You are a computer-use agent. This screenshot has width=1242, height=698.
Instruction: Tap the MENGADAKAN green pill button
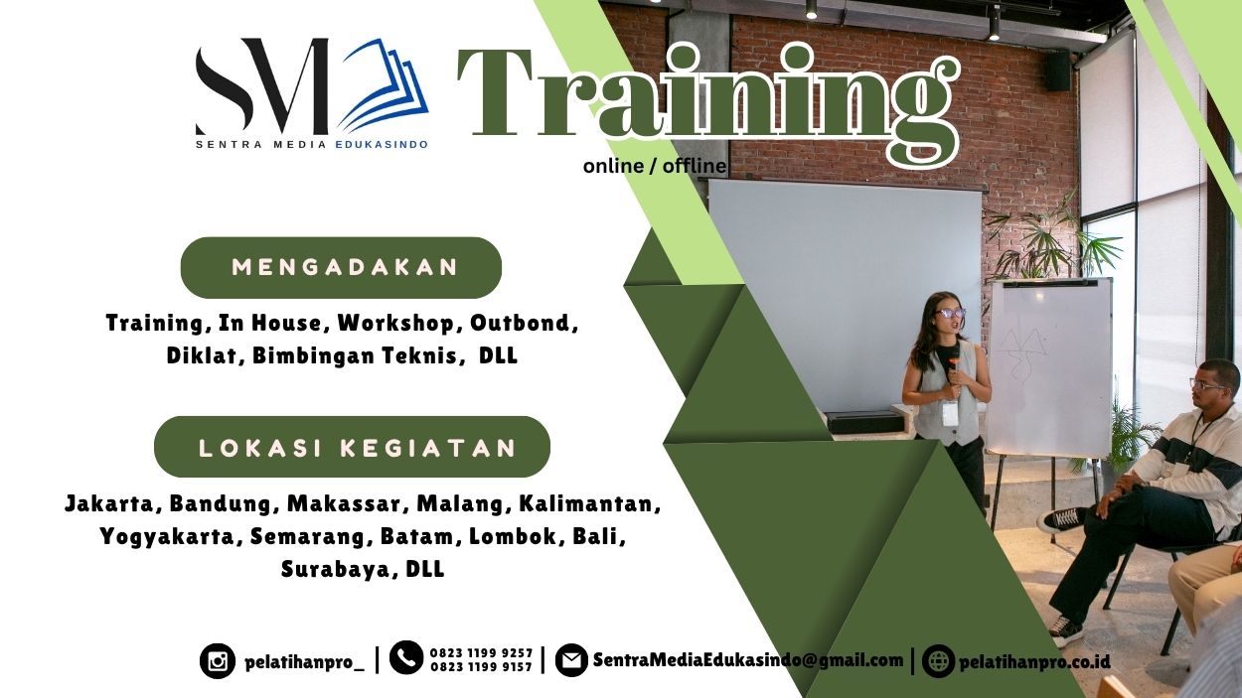[341, 267]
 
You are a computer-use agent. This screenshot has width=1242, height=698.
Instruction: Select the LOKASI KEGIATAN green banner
[352, 447]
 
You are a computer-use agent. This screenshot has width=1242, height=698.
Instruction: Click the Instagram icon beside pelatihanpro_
[218, 661]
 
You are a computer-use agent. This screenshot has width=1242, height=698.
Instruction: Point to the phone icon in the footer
[406, 657]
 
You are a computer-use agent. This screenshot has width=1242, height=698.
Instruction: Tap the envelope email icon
[571, 660]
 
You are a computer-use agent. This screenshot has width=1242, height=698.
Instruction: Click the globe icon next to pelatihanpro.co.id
[938, 661]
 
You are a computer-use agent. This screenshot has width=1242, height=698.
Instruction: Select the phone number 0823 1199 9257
[481, 653]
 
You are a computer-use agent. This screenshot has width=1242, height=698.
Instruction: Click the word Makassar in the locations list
[344, 504]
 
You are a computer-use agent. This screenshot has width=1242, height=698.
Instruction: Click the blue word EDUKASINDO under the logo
[382, 145]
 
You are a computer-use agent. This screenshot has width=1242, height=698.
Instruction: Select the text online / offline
[654, 166]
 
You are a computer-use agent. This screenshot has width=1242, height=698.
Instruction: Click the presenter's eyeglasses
[951, 314]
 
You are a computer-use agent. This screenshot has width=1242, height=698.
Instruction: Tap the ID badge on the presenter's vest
[950, 413]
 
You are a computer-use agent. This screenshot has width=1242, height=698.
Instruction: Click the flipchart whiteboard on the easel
[1048, 368]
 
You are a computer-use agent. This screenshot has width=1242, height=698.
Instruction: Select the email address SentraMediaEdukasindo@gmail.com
[748, 660]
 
